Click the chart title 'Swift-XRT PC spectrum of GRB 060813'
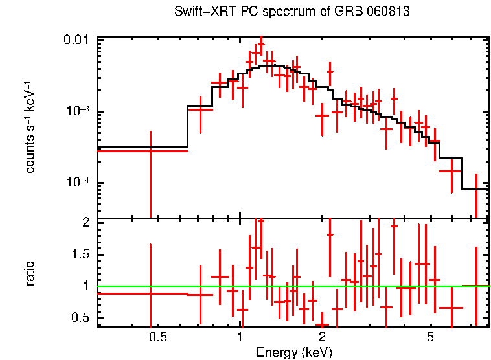click(292, 12)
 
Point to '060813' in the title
click(389, 12)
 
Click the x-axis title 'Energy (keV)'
click(294, 352)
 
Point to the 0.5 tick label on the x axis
click(158, 337)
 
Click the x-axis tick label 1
click(240, 337)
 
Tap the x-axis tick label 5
click(431, 337)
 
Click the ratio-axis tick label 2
click(86, 223)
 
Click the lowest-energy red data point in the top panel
click(150, 150)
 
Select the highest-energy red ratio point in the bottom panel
click(476, 286)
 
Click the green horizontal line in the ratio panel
click(291, 286)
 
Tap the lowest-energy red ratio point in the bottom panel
click(150, 293)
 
